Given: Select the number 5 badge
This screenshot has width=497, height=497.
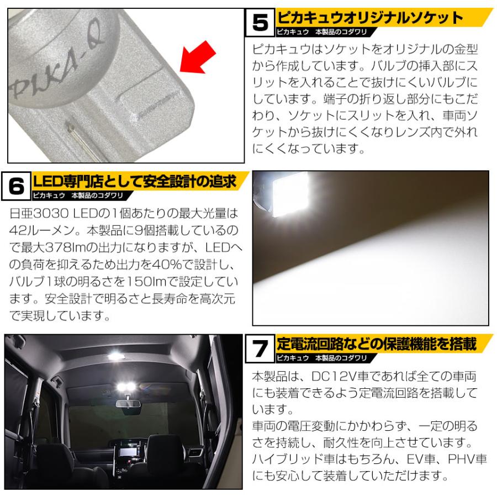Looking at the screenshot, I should click(259, 24).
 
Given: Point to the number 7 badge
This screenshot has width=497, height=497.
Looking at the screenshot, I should click(259, 349).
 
